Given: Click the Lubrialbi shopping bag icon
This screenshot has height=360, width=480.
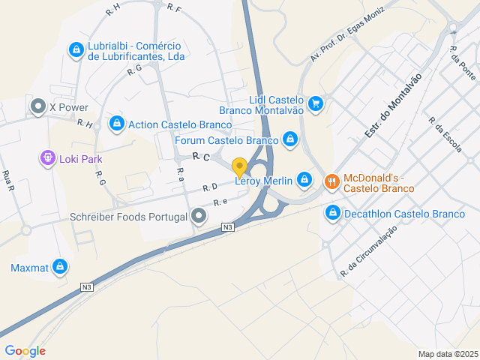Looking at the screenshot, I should (76, 50).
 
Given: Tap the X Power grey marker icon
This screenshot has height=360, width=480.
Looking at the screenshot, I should (38, 107).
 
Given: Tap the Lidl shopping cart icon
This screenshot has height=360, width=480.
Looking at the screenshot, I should (316, 103).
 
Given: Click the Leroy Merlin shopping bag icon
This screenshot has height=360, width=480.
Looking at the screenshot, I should (304, 179).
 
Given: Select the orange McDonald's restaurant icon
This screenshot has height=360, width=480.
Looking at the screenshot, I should (331, 181).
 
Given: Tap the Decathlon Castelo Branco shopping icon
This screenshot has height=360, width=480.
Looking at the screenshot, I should (332, 214).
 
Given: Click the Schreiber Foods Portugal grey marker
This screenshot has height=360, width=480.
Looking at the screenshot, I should (199, 217).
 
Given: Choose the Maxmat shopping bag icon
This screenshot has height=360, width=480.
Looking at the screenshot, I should (61, 267).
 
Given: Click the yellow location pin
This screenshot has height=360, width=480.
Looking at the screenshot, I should (239, 168).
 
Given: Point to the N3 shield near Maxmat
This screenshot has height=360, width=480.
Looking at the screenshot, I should (88, 286).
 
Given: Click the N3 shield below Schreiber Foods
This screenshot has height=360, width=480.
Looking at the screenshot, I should (227, 226).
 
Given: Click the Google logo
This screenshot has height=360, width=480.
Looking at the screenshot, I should (25, 350).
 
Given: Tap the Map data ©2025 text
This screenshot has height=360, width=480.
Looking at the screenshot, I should (448, 354).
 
